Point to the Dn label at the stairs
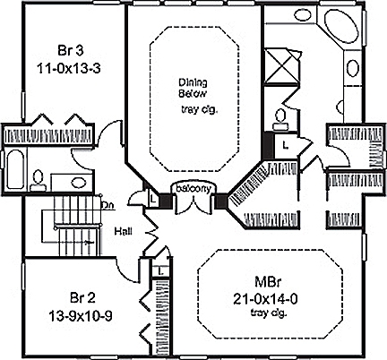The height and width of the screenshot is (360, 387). tap(107, 204)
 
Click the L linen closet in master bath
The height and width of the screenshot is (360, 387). tap(285, 142)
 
